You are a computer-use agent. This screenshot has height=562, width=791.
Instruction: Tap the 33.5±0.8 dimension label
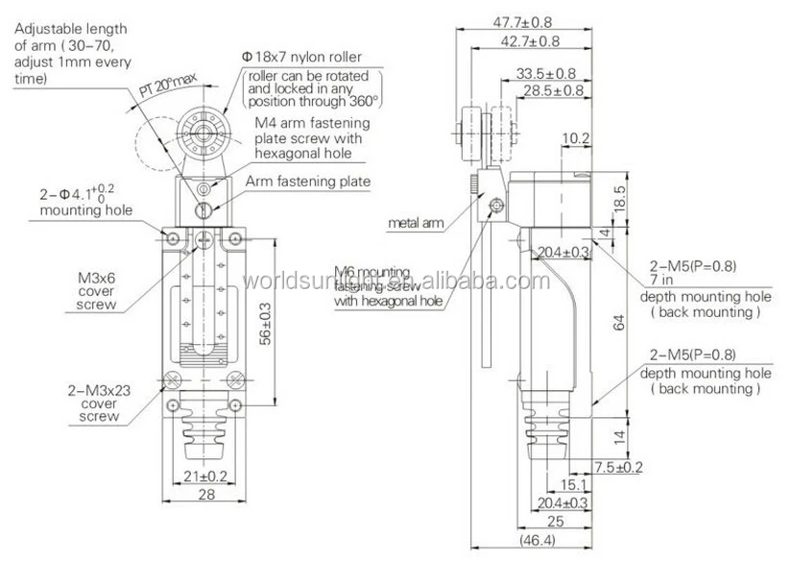click(545, 73)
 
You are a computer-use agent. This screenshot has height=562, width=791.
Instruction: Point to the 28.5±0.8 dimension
click(554, 90)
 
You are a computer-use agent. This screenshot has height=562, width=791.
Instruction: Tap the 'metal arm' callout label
click(415, 223)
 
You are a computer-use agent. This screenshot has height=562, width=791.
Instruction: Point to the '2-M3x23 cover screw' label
click(94, 404)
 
